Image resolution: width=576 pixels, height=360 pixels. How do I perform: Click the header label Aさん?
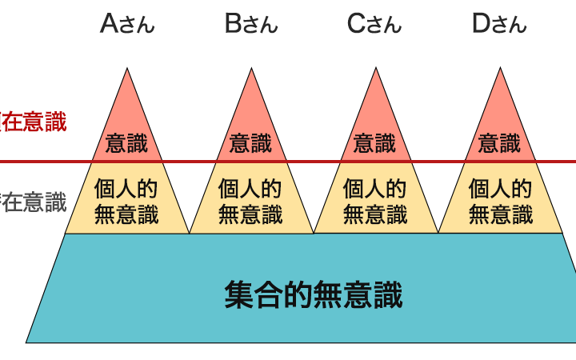(126, 24)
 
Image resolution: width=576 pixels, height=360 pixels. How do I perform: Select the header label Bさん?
(251, 24)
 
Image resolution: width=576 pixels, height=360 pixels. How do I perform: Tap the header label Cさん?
(374, 24)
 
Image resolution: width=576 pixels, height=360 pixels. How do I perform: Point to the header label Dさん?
(499, 24)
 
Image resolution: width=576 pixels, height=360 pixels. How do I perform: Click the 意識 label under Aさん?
(126, 143)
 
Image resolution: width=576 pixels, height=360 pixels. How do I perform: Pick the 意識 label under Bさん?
(251, 143)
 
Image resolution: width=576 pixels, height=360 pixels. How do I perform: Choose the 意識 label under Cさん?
(375, 143)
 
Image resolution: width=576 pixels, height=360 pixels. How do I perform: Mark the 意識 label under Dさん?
(500, 143)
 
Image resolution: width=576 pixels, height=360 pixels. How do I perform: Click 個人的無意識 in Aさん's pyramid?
(126, 202)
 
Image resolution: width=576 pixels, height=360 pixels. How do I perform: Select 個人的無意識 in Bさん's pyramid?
(250, 202)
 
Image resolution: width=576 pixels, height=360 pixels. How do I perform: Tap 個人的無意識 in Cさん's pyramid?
(375, 202)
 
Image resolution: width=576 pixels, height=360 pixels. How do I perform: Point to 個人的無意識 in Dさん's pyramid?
(500, 202)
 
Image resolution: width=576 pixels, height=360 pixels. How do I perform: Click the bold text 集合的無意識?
(313, 294)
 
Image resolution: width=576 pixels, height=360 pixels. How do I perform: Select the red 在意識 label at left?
(33, 122)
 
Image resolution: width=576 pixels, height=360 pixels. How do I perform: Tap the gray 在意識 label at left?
(33, 202)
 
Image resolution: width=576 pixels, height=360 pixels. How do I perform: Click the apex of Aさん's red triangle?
(126, 70)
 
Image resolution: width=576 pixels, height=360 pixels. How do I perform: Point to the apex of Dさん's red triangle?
(501, 70)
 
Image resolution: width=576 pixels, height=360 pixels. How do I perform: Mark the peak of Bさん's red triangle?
(251, 70)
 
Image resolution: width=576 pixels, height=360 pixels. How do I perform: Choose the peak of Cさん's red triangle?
(376, 70)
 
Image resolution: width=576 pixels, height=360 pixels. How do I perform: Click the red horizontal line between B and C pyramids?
(314, 162)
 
